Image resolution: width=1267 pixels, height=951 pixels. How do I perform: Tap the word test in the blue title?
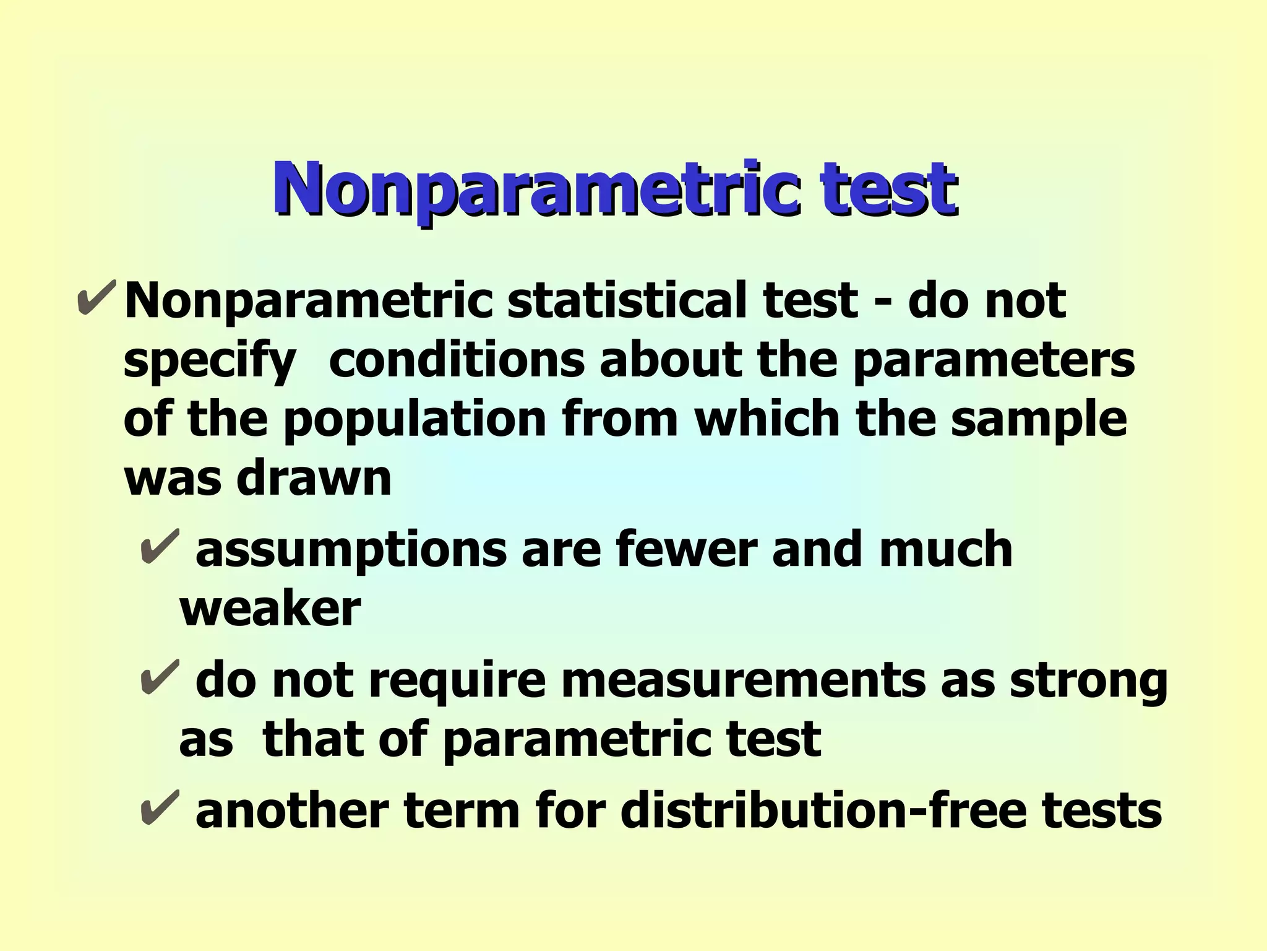[x=888, y=189]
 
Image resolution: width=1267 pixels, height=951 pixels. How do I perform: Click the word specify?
[x=209, y=362]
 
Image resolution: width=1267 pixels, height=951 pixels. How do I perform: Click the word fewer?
[x=687, y=549]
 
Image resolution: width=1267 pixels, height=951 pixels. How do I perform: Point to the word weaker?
[x=270, y=609]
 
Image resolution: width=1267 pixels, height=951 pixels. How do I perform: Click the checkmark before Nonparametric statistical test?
[x=97, y=298]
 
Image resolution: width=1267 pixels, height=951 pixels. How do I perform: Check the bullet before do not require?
[x=159, y=677]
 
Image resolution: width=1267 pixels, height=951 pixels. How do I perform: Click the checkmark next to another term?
[x=159, y=807]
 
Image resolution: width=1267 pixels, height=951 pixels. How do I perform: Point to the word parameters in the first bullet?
[x=994, y=362]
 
